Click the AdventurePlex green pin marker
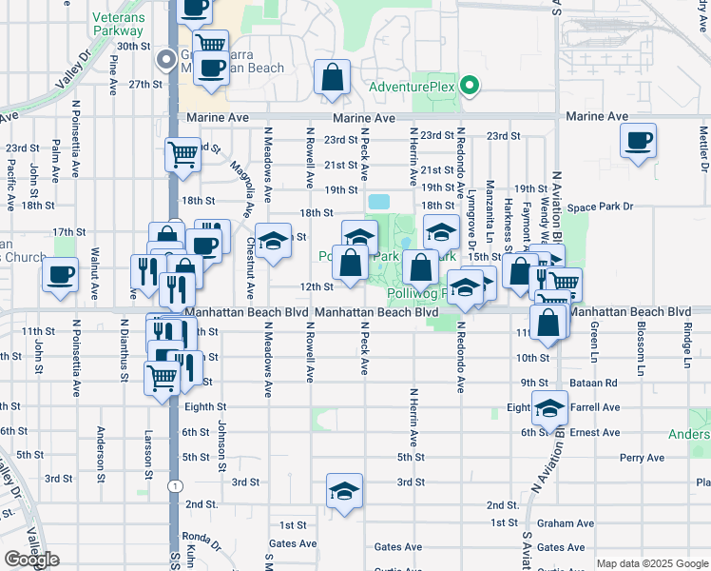[x=469, y=87]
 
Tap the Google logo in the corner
[x=31, y=560]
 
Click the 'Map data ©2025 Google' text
[x=651, y=563]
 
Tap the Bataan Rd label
[x=595, y=383]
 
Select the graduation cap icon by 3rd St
[x=344, y=490]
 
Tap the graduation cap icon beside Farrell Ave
[x=548, y=407]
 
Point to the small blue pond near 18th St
[x=379, y=202]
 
